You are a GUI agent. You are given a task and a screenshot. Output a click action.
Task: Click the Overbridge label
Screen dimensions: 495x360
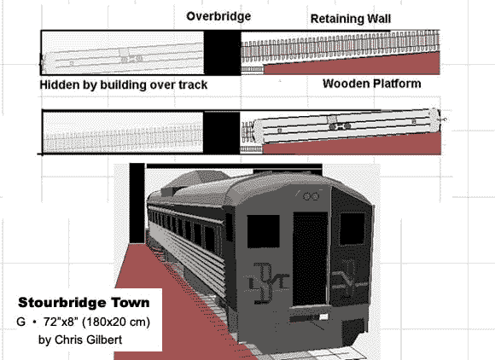pos(218,16)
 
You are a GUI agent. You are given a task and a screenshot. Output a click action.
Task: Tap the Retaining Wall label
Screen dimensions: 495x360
pos(351,19)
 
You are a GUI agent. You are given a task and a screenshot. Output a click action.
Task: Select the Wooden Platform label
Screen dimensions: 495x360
pos(371,84)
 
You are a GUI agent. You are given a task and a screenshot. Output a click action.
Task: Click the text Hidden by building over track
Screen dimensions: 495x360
pos(124,84)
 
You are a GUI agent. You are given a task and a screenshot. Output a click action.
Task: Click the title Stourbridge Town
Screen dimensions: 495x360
pos(84,303)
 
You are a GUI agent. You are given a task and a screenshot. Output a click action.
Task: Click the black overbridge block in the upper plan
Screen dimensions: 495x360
pos(222,53)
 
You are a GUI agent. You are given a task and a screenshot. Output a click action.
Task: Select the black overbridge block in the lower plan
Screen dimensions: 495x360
pos(222,132)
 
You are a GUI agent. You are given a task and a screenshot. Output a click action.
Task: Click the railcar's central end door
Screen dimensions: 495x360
pos(311,258)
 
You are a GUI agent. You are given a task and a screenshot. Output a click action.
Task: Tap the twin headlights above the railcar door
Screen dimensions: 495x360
pos(311,196)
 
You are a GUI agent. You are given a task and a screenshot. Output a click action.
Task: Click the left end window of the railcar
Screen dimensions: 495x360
pos(263,231)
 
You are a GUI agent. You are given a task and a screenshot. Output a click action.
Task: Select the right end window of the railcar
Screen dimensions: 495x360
pos(352,229)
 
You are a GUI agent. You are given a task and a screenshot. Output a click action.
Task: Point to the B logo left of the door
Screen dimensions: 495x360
pos(268,282)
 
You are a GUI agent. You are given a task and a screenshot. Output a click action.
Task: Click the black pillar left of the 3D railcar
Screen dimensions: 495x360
pos(137,203)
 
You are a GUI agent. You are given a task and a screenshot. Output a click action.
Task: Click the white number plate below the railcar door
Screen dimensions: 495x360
pos(323,316)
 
